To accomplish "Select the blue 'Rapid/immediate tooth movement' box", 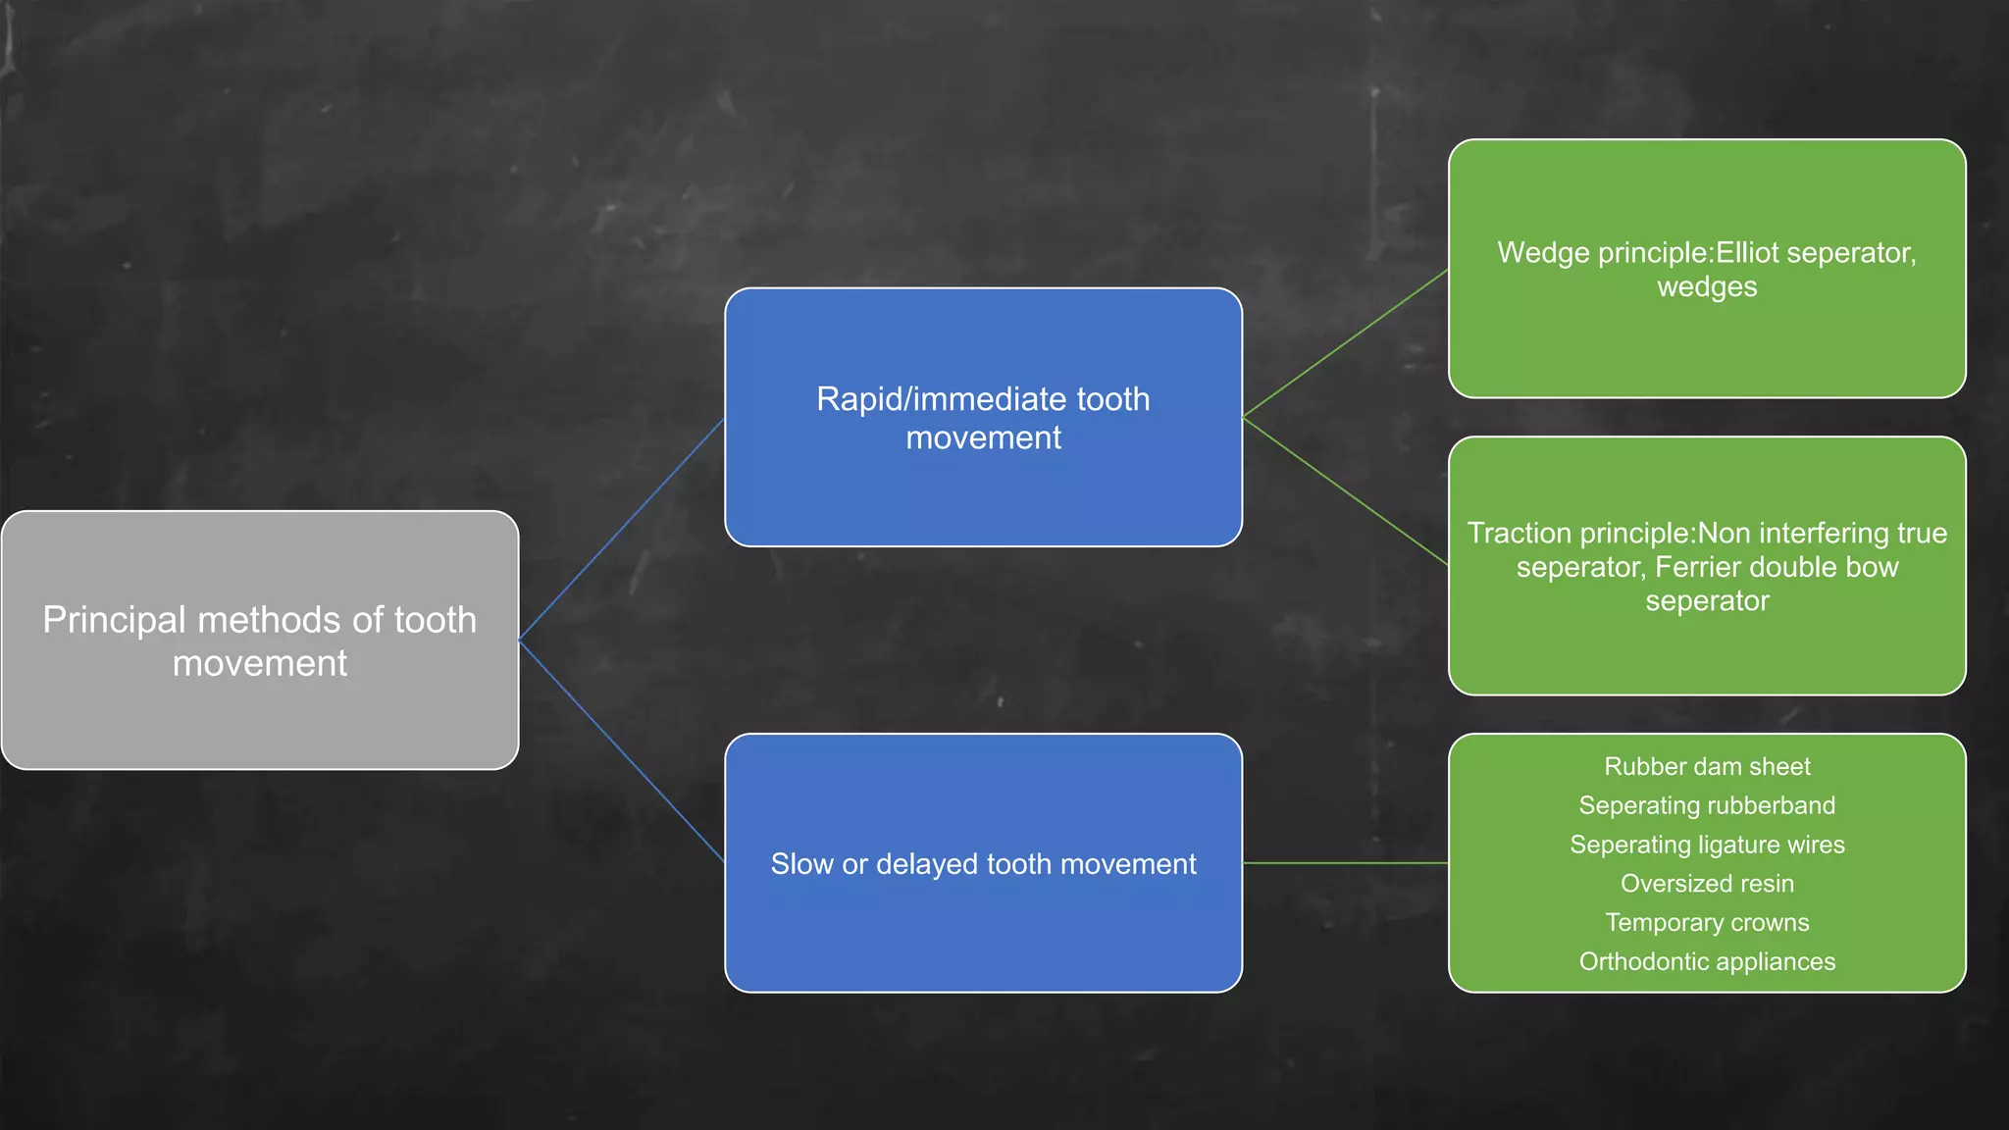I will pyautogui.click(x=983, y=490).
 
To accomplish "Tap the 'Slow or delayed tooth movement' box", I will pyautogui.click(x=983, y=932).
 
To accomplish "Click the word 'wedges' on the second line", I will pyautogui.click(x=1707, y=287).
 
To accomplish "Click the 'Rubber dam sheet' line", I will pyautogui.click(x=1707, y=766).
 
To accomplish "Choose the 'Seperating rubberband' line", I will pyautogui.click(x=1707, y=805).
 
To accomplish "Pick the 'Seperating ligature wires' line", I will pyautogui.click(x=1707, y=845).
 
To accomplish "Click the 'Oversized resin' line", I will pyautogui.click(x=1707, y=884).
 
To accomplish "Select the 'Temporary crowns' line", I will pyautogui.click(x=1707, y=923).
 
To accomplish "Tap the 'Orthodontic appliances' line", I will pyautogui.click(x=1707, y=962).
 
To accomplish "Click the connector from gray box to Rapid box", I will pyautogui.click(x=621, y=530).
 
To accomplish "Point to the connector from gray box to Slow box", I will pyautogui.click(x=621, y=751).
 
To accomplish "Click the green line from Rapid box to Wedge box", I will pyautogui.click(x=1345, y=344).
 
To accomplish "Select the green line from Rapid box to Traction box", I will pyautogui.click(x=1345, y=492).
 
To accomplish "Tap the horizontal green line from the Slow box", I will pyautogui.click(x=1345, y=863).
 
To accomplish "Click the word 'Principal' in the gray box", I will pyautogui.click(x=114, y=621).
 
